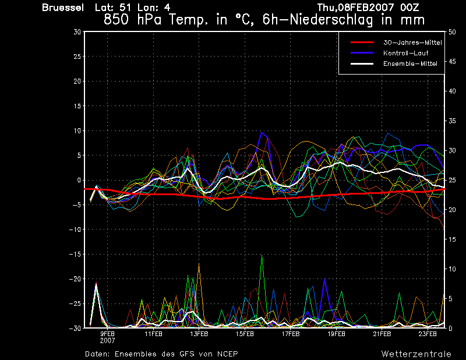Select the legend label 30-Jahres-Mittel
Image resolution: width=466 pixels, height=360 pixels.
[412, 43]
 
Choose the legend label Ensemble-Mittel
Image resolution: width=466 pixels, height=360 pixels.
[410, 63]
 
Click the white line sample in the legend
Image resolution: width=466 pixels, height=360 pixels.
[361, 63]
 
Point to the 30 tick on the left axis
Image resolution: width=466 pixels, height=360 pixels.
[77, 32]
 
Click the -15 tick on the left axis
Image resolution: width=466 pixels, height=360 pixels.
[75, 255]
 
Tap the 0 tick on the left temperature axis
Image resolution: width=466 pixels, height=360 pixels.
[79, 181]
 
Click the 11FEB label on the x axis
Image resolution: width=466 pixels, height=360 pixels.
[153, 334]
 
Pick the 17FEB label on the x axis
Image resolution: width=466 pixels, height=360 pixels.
[291, 334]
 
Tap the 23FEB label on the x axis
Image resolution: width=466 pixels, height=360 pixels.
[428, 334]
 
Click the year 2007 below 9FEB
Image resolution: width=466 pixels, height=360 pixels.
[107, 340]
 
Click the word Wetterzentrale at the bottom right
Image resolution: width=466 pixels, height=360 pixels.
[416, 354]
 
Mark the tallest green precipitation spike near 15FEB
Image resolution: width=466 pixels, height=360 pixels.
[262, 256]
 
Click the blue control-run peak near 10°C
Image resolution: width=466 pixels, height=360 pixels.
[262, 132]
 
